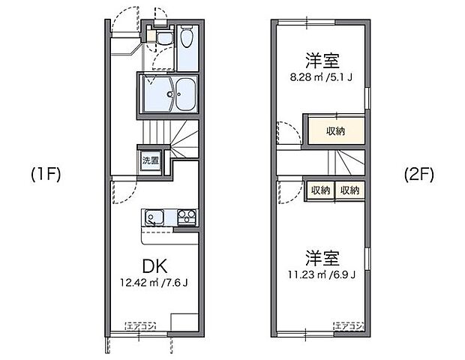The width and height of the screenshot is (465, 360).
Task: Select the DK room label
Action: [x=155, y=265]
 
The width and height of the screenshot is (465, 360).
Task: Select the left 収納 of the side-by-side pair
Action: [x=320, y=190]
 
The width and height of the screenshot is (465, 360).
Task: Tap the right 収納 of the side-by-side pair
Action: [x=350, y=190]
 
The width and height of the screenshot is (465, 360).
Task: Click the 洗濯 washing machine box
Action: [x=150, y=160]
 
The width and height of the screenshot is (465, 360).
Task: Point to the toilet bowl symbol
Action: [x=186, y=37]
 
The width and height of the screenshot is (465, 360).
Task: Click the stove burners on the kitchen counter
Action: [x=185, y=218]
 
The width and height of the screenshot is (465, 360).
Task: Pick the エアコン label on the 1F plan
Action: [x=140, y=325]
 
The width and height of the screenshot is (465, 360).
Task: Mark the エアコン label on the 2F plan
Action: [x=349, y=325]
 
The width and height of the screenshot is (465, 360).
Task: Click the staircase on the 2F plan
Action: [x=346, y=161]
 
